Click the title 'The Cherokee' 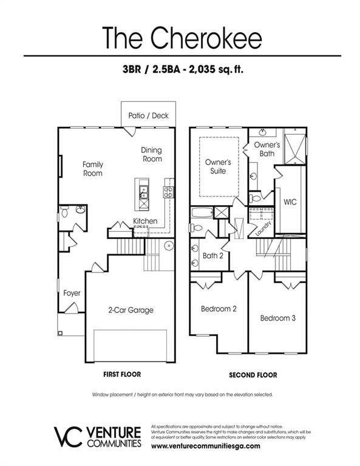182,37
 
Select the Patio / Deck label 148,115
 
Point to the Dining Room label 152,155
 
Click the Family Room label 93,169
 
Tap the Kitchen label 145,221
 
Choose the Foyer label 72,293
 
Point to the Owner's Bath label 267,149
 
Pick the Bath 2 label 212,255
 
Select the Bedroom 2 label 219,309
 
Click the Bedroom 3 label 277,318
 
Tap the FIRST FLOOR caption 118,375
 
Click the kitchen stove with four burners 168,192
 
